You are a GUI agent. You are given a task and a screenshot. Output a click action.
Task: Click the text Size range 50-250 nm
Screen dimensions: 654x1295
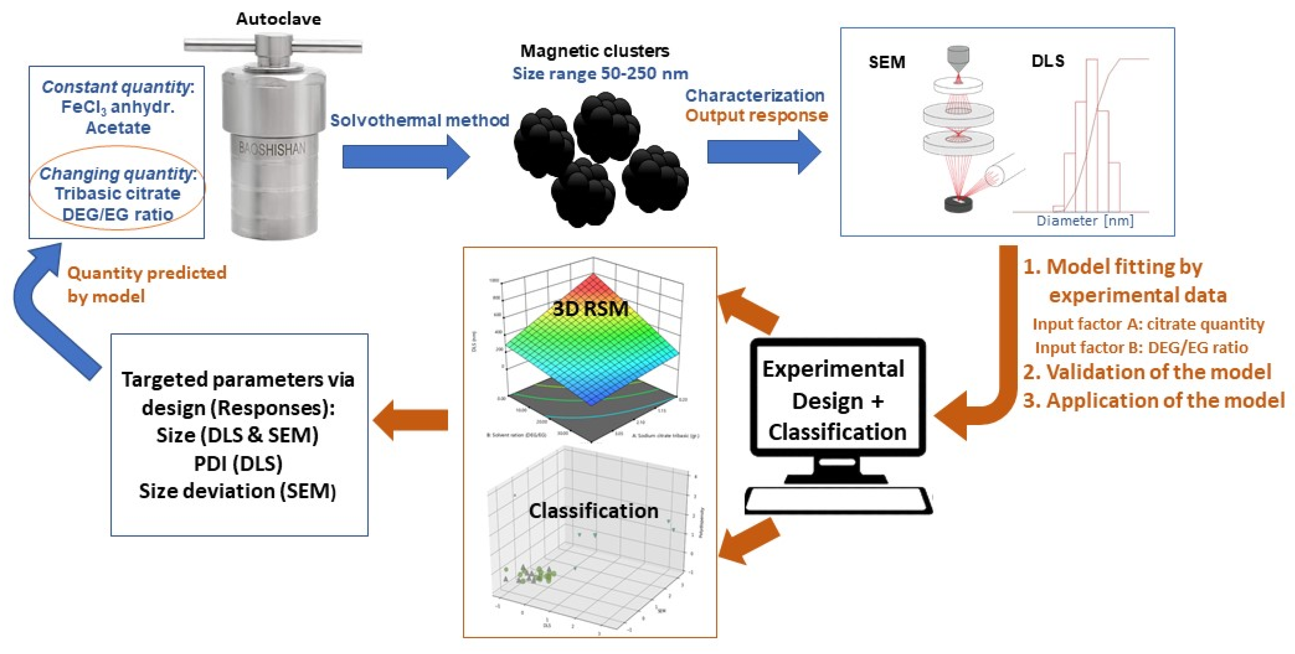point(600,74)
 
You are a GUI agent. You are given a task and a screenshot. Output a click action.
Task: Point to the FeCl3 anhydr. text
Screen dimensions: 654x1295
point(118,107)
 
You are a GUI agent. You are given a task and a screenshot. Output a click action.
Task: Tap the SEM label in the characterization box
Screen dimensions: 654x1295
point(887,62)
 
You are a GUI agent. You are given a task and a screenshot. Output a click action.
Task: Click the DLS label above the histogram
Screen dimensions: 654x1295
point(1047,61)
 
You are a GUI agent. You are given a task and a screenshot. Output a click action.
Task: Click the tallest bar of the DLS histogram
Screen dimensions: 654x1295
point(1091,136)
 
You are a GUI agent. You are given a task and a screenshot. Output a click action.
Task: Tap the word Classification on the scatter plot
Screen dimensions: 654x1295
point(593,511)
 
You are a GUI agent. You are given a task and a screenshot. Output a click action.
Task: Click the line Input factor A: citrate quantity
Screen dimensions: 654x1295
point(1148,324)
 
